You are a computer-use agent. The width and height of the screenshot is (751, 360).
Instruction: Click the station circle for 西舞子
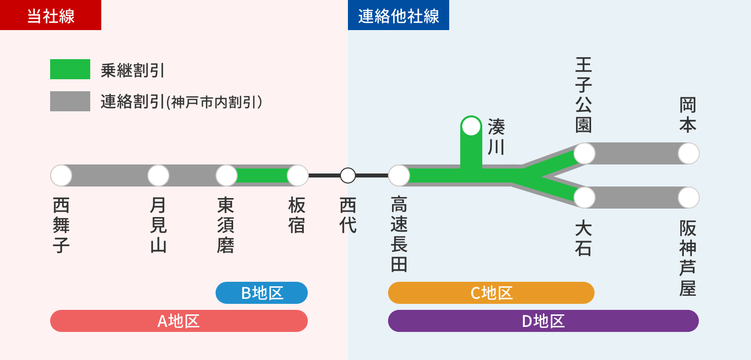pos(61,175)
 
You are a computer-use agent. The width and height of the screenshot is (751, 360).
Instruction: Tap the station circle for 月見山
pos(158,175)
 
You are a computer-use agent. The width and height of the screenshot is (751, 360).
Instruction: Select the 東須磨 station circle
pos(227,175)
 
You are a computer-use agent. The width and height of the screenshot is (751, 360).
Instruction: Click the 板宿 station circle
pos(298,175)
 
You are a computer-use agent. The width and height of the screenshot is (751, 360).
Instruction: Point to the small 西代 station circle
pos(348,175)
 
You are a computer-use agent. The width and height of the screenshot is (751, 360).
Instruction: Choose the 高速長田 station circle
pos(399,175)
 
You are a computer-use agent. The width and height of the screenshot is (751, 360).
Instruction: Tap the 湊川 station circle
pos(471,126)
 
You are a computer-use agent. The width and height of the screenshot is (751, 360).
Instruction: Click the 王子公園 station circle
pos(585,153)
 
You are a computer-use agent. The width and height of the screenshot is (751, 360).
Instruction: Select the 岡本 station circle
pos(689,153)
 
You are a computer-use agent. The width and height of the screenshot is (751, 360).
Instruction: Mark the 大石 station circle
pos(585,198)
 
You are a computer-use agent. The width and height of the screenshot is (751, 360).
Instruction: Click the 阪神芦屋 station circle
pos(689,198)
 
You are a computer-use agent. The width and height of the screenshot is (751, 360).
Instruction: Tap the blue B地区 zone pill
pos(262,293)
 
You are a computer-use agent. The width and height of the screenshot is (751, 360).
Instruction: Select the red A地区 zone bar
pos(179,321)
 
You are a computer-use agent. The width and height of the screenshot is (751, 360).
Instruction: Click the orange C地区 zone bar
pos(491,293)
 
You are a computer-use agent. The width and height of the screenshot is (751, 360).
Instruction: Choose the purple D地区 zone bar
pos(543,321)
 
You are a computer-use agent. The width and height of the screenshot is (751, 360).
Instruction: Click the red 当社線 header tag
pos(51,15)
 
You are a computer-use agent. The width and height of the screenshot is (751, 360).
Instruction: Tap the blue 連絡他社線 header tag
pos(399,15)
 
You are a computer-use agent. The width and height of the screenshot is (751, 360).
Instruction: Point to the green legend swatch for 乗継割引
pos(70,69)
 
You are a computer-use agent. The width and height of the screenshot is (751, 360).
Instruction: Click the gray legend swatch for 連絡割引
pos(70,101)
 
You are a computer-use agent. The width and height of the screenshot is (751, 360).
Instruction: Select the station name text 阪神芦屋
pos(688,258)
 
